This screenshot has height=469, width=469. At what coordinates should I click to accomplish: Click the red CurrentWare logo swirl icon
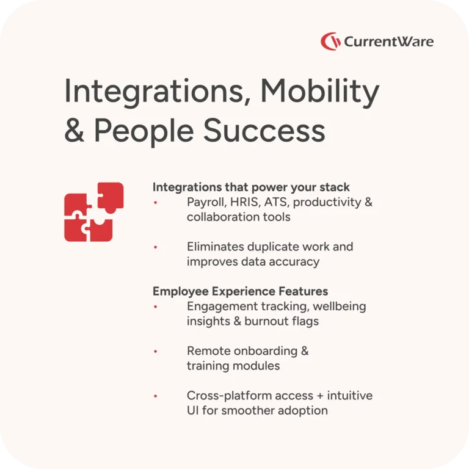click(330, 42)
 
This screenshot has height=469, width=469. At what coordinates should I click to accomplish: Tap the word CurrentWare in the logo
click(388, 42)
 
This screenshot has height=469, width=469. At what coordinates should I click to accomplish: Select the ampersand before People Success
click(74, 131)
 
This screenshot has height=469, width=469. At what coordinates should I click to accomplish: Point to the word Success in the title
click(264, 131)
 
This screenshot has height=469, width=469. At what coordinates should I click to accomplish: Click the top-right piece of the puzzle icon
click(111, 197)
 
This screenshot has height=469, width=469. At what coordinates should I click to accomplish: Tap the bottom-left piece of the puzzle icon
click(75, 230)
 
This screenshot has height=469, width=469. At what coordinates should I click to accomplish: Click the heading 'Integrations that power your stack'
click(251, 187)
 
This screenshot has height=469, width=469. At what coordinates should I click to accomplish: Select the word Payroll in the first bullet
click(206, 203)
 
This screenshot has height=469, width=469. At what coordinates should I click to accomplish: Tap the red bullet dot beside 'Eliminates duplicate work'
click(156, 247)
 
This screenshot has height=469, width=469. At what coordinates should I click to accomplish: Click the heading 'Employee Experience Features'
click(240, 291)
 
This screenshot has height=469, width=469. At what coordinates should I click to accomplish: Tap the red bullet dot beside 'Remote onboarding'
click(156, 352)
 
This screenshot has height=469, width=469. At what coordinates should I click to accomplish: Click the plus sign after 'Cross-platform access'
click(320, 396)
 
